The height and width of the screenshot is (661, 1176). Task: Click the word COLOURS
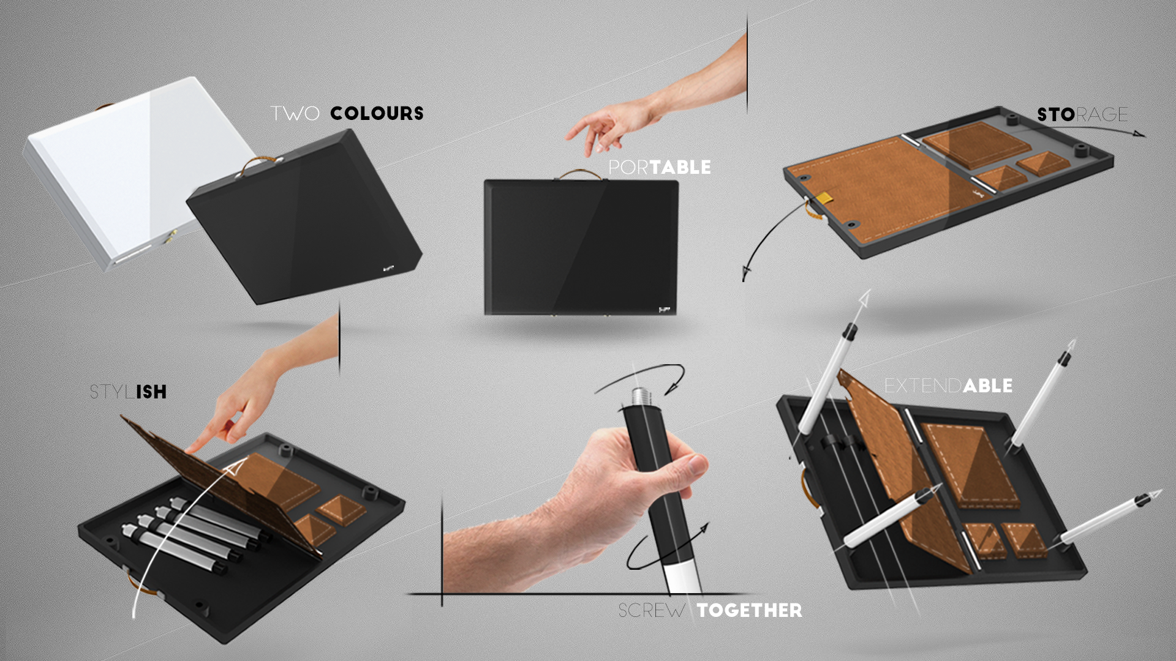pyautogui.click(x=377, y=114)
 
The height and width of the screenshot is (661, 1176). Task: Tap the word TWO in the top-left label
pyautogui.click(x=295, y=114)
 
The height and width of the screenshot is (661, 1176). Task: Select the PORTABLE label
pyautogui.click(x=660, y=167)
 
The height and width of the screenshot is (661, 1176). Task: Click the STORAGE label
pyautogui.click(x=1082, y=114)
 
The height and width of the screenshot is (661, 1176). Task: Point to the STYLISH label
pyautogui.click(x=128, y=392)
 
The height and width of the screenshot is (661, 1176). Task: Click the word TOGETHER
pyautogui.click(x=750, y=610)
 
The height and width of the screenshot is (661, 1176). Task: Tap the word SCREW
pyautogui.click(x=652, y=610)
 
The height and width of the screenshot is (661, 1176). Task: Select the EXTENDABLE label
pyautogui.click(x=948, y=386)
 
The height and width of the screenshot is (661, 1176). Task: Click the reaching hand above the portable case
pyautogui.click(x=597, y=125)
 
